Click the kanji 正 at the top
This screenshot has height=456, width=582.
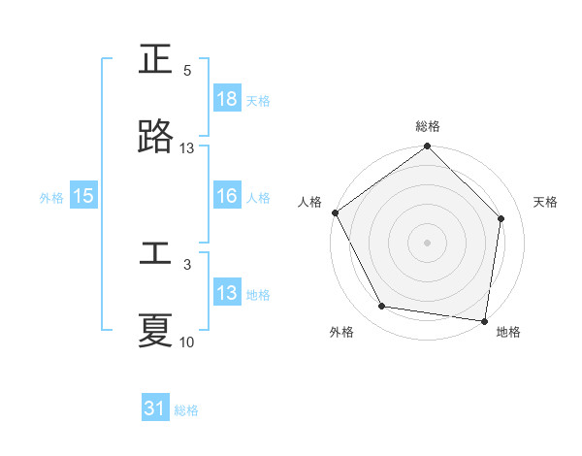[156, 61]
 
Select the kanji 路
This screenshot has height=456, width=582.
[156, 138]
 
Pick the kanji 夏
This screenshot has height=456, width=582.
[156, 331]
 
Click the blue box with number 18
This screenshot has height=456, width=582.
[227, 99]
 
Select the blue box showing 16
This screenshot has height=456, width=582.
[227, 196]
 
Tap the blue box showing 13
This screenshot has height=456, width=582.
[227, 293]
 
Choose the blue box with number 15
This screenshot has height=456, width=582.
[83, 196]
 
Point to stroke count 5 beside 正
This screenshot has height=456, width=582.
[187, 71]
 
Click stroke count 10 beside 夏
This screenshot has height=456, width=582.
[187, 342]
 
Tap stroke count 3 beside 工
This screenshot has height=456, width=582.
[187, 264]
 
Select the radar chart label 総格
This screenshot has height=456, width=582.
[428, 126]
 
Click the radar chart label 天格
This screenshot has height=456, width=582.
[546, 202]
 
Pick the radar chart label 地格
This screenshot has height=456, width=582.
[508, 332]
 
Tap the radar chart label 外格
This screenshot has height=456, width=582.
[341, 332]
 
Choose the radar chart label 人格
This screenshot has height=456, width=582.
[310, 202]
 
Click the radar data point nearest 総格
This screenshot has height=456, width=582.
[427, 147]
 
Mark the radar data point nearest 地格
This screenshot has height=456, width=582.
[485, 320]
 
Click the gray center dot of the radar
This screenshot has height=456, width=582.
[427, 242]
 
